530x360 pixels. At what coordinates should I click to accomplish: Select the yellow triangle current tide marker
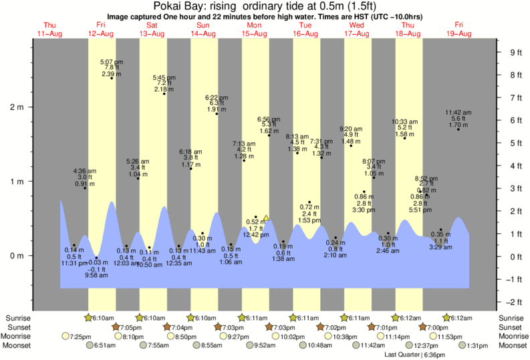click(266, 218)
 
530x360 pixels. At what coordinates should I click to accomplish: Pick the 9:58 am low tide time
click(97, 275)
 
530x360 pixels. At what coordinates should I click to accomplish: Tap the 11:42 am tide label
click(459, 112)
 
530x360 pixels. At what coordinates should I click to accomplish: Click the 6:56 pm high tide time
click(269, 119)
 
